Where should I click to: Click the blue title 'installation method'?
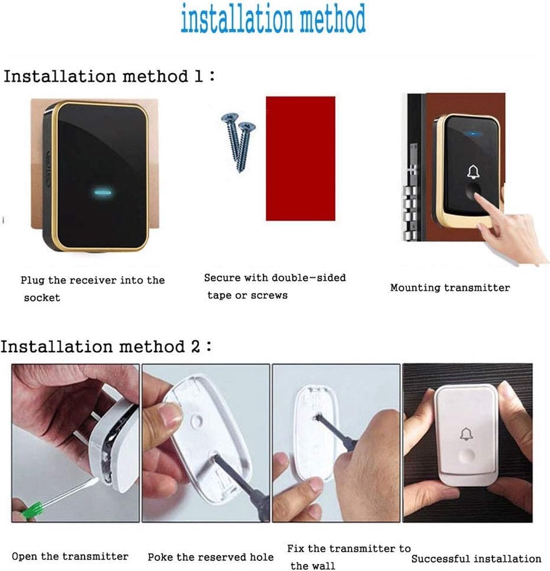point(273,18)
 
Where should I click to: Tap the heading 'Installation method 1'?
point(109,76)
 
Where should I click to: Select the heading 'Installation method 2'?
point(106,346)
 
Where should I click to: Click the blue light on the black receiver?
point(103,193)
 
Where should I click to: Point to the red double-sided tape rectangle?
point(300,158)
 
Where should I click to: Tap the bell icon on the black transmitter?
point(473,172)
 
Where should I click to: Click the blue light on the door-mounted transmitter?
point(473,134)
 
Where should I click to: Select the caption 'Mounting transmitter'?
point(450,287)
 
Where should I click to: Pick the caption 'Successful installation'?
point(476,559)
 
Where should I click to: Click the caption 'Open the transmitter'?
point(70,557)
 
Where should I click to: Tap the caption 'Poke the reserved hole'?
point(211,557)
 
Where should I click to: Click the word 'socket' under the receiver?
point(42,298)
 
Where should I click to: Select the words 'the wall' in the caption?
point(313,565)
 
